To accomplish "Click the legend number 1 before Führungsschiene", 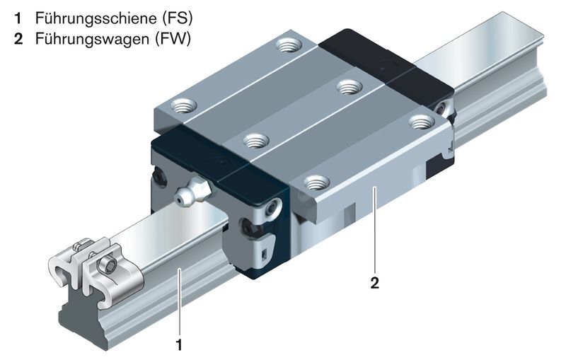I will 17,16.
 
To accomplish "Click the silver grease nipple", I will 190,191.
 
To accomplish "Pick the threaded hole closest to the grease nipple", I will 255,139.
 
